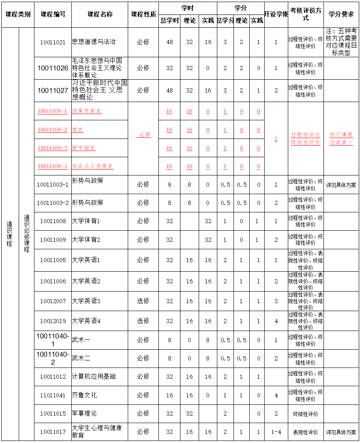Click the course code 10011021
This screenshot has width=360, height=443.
(x=53, y=42)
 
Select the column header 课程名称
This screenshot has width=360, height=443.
(x=100, y=14)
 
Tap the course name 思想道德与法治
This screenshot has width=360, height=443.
(x=94, y=42)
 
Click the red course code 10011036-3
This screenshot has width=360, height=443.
(x=53, y=148)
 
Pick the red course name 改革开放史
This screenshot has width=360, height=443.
(x=87, y=111)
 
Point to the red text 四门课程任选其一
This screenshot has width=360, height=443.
(x=341, y=139)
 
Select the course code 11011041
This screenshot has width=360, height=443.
(x=53, y=395)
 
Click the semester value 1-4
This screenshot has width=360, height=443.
(x=276, y=432)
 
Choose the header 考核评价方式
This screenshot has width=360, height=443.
(x=306, y=14)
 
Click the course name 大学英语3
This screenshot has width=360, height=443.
(x=86, y=301)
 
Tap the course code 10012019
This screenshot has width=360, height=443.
(x=53, y=321)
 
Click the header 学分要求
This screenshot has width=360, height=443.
(x=341, y=14)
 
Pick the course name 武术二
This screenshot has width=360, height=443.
(x=81, y=358)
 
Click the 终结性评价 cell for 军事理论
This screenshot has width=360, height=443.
(x=306, y=414)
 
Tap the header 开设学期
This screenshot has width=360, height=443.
(x=276, y=14)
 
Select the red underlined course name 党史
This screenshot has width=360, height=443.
(x=78, y=130)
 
